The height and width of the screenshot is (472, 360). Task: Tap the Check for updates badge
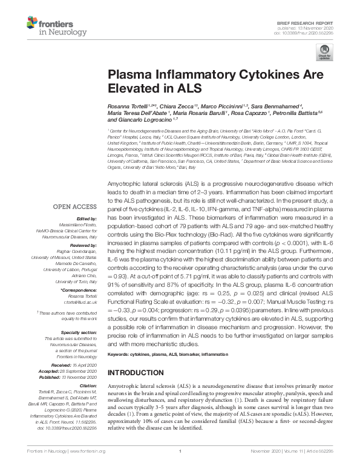(322, 54)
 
